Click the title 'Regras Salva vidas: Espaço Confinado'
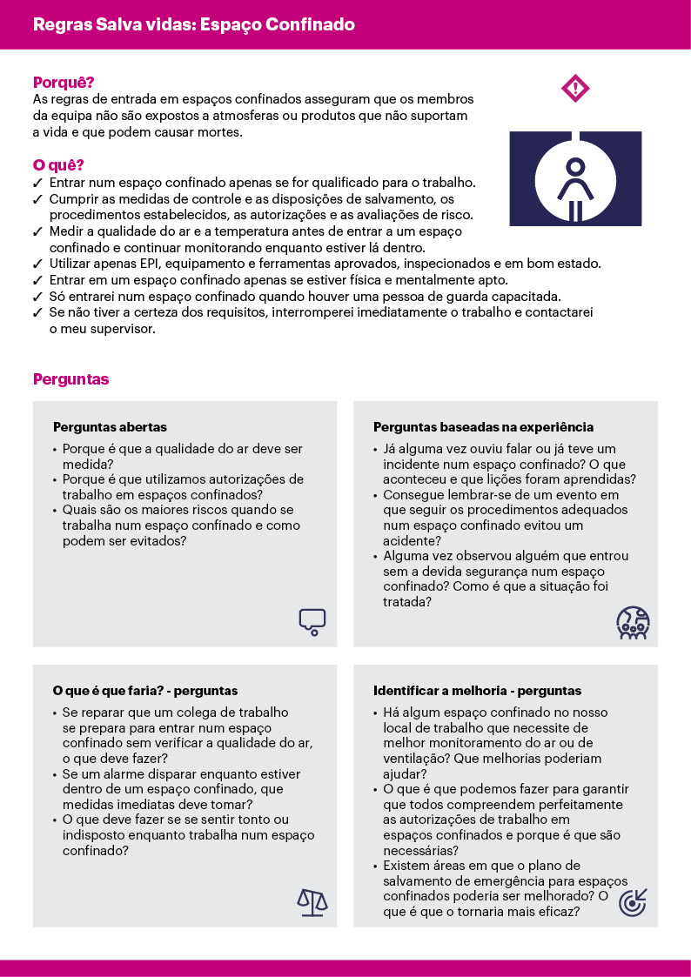pos(193,24)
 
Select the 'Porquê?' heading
pos(63,83)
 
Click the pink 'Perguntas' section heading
pos(70,379)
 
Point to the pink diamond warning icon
pos(575,88)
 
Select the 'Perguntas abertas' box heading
pos(110,427)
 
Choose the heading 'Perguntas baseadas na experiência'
pos(484,427)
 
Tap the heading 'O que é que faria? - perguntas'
pos(145,691)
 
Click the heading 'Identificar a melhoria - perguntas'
pos(477,691)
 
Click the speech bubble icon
pos(312,620)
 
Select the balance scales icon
pos(312,902)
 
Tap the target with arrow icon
pos(633,902)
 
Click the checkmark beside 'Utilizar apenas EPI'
pos(37,264)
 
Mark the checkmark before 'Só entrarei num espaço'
pos(37,297)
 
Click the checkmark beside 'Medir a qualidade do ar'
pos(37,232)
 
